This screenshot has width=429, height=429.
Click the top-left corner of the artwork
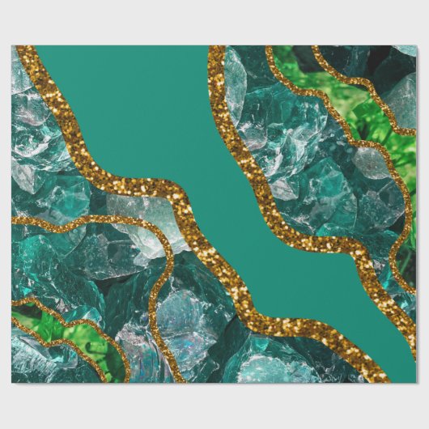[12, 46]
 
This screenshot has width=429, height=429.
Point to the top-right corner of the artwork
[416, 46]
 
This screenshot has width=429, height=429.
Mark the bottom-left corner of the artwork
[12, 382]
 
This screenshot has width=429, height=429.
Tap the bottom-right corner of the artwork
[416, 382]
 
